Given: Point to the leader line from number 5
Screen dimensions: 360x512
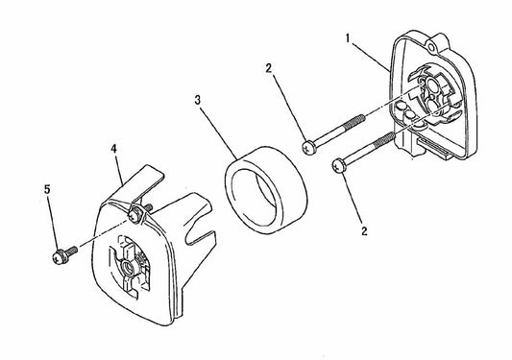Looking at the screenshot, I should pos(54,218).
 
